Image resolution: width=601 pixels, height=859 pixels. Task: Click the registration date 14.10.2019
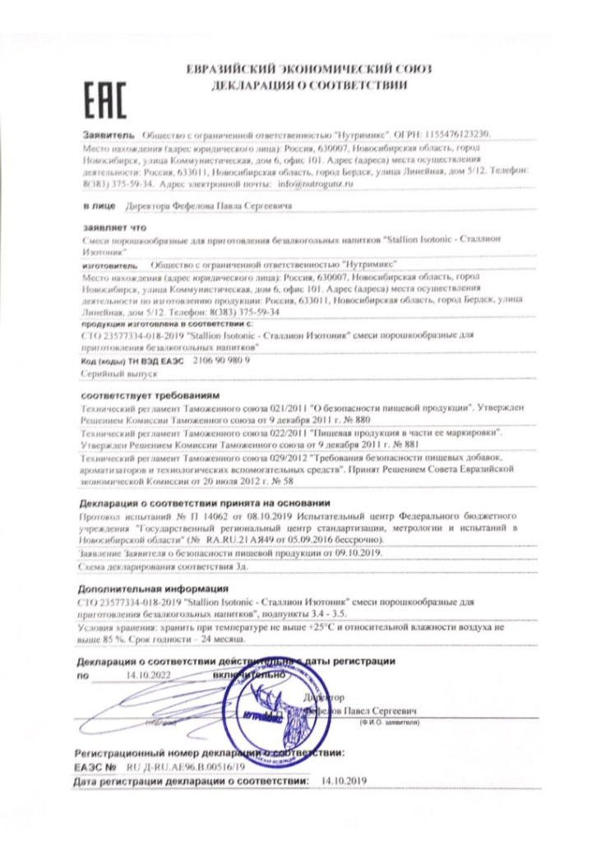[344, 781]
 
